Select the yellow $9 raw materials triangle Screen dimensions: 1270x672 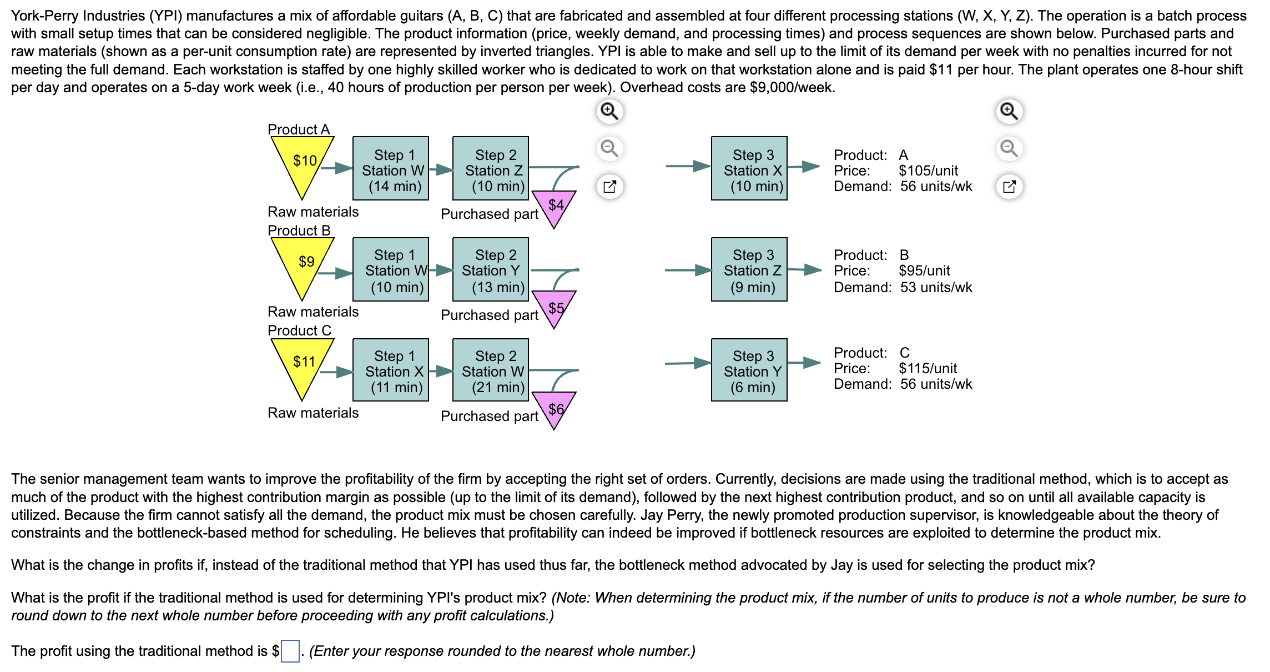[x=303, y=264]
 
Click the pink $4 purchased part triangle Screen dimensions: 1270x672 [x=555, y=207]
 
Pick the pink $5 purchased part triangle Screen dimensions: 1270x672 [x=555, y=308]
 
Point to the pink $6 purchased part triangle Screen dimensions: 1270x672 [x=555, y=409]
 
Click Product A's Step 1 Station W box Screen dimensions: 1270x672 [x=391, y=168]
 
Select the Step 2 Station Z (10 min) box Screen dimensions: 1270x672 [x=491, y=168]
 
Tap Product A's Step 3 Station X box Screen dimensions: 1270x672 [x=749, y=168]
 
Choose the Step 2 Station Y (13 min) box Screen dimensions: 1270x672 [x=491, y=270]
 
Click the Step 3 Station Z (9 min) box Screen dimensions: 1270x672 [x=749, y=270]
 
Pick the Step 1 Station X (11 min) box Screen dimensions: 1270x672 [x=391, y=370]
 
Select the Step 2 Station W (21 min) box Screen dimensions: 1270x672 [x=491, y=370]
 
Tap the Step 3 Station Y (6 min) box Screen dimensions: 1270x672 [x=749, y=370]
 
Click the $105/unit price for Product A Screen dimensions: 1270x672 [x=928, y=170]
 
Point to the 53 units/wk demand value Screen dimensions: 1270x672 [x=936, y=287]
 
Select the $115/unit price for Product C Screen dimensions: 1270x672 [x=928, y=368]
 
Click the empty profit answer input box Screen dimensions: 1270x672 [x=290, y=651]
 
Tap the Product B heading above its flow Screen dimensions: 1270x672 [x=299, y=230]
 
